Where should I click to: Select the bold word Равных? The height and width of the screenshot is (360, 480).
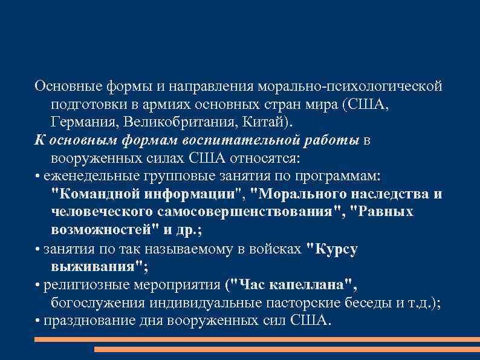(384, 212)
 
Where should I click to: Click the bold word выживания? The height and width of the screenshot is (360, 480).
(97, 267)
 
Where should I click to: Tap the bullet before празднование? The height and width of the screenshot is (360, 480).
(38, 321)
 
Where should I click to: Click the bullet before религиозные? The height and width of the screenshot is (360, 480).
(38, 285)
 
